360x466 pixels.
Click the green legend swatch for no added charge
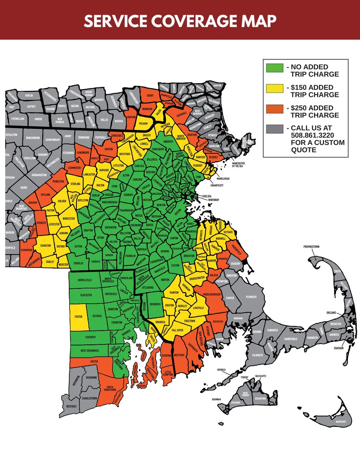[x=275, y=68]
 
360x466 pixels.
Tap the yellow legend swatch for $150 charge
[x=275, y=88]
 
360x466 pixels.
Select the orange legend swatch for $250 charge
[x=275, y=108]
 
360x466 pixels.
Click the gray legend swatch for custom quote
[x=275, y=128]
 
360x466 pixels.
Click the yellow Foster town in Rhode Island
[x=79, y=316]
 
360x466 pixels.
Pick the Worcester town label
[x=69, y=219]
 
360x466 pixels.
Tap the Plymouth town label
[x=251, y=297]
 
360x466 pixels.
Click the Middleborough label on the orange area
[x=212, y=294]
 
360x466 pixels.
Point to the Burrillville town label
[x=85, y=280]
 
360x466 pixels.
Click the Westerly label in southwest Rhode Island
[x=71, y=406]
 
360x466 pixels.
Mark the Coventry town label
[x=90, y=337]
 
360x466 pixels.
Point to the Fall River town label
[x=177, y=330]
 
